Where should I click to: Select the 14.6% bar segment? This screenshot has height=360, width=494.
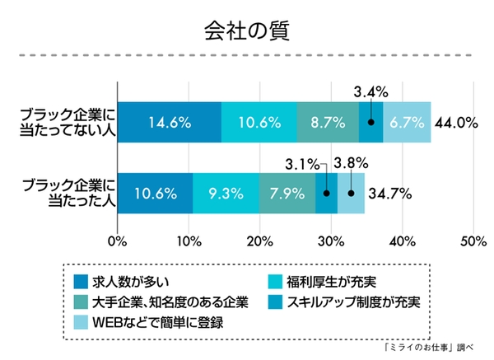(170, 123)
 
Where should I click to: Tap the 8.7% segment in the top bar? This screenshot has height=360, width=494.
(327, 123)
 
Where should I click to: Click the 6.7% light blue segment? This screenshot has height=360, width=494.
(408, 123)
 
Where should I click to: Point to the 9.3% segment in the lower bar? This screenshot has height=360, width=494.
(226, 194)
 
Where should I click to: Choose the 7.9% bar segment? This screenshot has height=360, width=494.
(287, 194)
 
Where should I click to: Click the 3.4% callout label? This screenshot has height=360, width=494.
(370, 90)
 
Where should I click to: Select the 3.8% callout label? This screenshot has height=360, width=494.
(350, 162)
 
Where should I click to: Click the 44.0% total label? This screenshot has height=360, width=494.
(457, 123)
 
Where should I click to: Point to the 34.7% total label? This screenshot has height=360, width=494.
(390, 194)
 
